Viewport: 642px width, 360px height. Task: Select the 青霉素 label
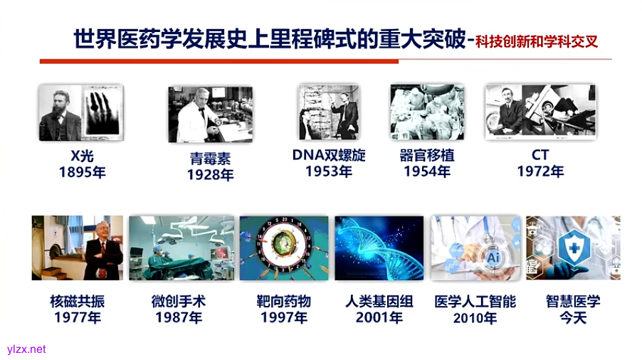(x=211, y=158)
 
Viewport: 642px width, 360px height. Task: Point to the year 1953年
(x=329, y=171)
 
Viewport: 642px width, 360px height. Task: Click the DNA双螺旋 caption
(x=329, y=154)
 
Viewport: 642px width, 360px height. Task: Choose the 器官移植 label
(x=427, y=155)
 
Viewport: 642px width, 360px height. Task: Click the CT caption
(x=540, y=155)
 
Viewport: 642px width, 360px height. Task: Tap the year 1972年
(x=540, y=172)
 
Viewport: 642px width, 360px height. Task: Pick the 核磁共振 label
(x=77, y=301)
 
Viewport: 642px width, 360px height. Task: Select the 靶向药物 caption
(x=283, y=301)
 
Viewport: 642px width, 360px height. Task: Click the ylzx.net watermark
(x=26, y=349)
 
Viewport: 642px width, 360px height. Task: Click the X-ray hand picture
(x=102, y=112)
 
